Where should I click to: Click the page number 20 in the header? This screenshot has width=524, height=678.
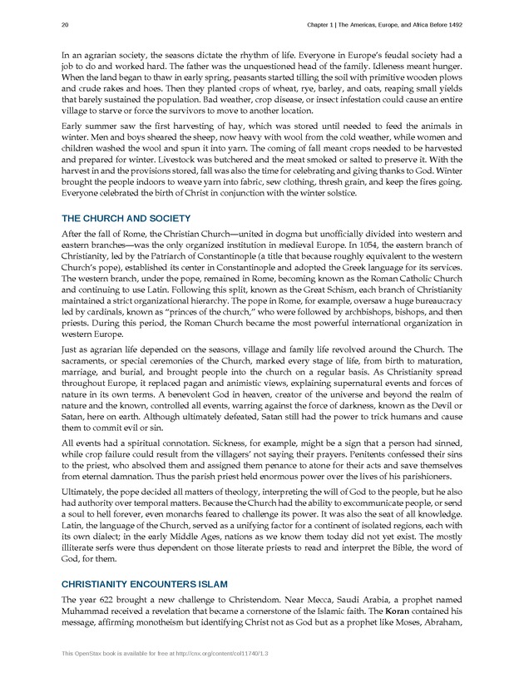tap(65, 25)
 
